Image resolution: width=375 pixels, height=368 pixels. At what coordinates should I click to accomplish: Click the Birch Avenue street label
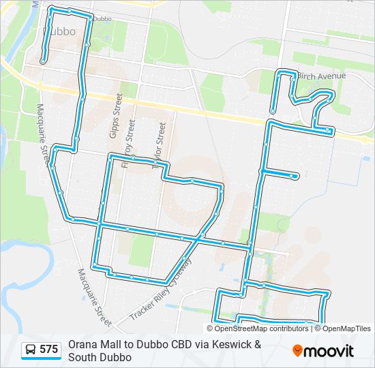coord(322,76)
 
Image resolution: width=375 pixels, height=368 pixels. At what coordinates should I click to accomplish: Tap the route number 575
coord(48,350)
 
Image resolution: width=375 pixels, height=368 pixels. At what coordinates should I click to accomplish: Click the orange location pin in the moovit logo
coord(298,351)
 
